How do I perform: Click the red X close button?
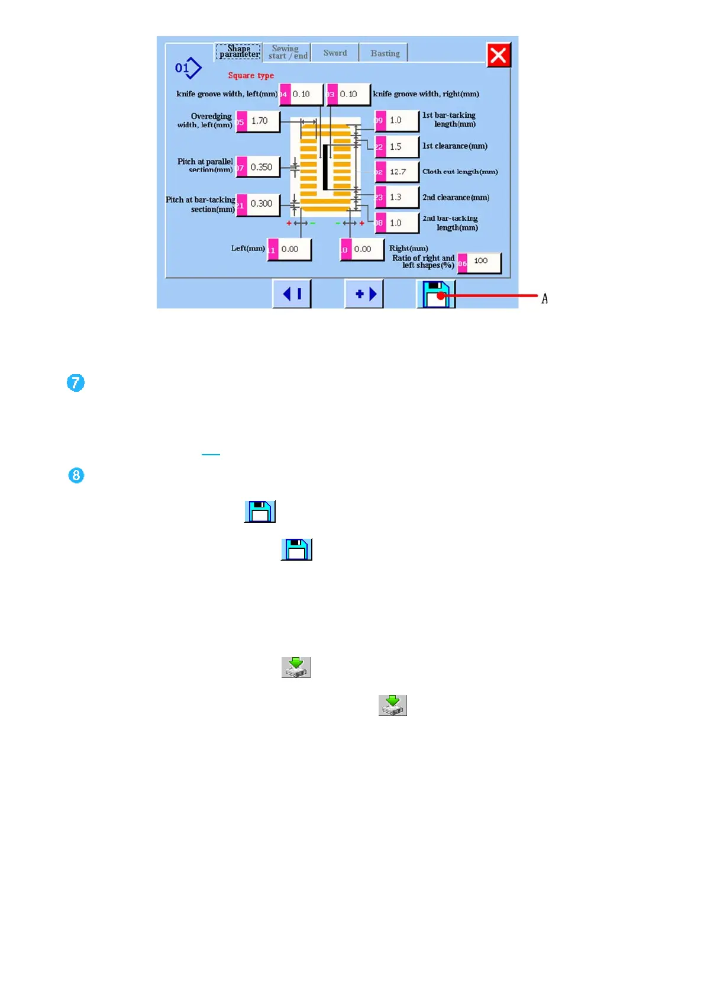pyautogui.click(x=498, y=55)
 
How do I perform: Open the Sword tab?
pyautogui.click(x=335, y=53)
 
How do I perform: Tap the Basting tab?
pyautogui.click(x=385, y=53)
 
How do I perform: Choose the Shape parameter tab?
pyautogui.click(x=238, y=52)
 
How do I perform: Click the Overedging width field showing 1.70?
pyautogui.click(x=259, y=121)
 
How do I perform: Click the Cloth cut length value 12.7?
pyautogui.click(x=398, y=172)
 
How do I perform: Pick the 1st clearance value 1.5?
pyautogui.click(x=398, y=147)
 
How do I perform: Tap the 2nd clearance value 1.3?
pyautogui.click(x=398, y=198)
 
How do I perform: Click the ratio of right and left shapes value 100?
pyautogui.click(x=481, y=261)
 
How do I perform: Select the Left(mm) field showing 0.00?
pyautogui.click(x=290, y=249)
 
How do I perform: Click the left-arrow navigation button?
pyautogui.click(x=292, y=294)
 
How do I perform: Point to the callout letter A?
pyautogui.click(x=544, y=299)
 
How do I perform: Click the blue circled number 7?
pyautogui.click(x=76, y=383)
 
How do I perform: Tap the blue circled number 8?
pyautogui.click(x=76, y=475)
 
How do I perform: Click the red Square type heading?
pyautogui.click(x=251, y=76)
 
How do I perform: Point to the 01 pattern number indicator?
pyautogui.click(x=188, y=68)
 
